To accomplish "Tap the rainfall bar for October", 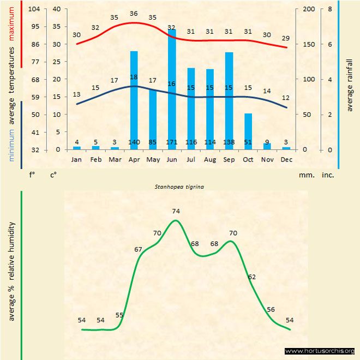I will (x=248, y=131).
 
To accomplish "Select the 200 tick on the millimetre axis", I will (x=309, y=9).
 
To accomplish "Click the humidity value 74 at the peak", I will (x=176, y=211).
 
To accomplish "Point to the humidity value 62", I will (x=251, y=277).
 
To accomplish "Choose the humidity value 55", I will (x=119, y=315).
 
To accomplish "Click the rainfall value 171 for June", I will (x=172, y=142).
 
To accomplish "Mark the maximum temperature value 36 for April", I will (x=134, y=13).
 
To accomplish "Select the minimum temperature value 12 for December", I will (x=286, y=98).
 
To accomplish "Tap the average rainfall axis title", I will (x=350, y=87).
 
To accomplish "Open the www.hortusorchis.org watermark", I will (x=320, y=351).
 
